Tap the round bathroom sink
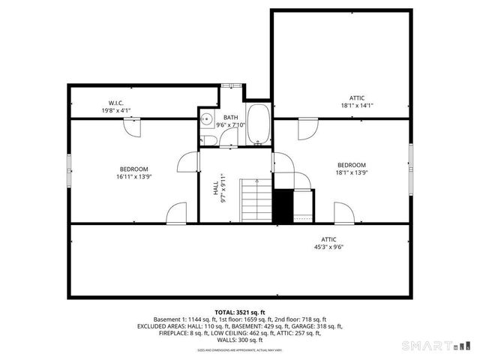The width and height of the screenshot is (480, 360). click(204, 118)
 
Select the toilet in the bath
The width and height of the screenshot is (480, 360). click(205, 136)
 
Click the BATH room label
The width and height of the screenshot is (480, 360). click(230, 117)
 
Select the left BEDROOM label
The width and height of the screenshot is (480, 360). click(133, 169)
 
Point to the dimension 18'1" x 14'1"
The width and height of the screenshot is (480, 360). click(356, 106)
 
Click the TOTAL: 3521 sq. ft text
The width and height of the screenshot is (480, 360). click(239, 311)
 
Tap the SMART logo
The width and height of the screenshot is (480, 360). click(440, 346)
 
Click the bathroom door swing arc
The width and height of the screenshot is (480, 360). click(187, 162)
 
